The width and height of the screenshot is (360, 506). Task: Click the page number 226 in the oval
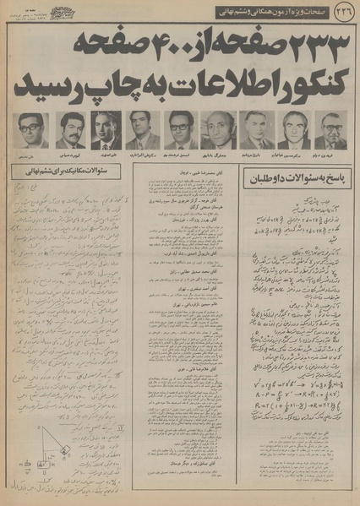(x=345, y=11)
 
